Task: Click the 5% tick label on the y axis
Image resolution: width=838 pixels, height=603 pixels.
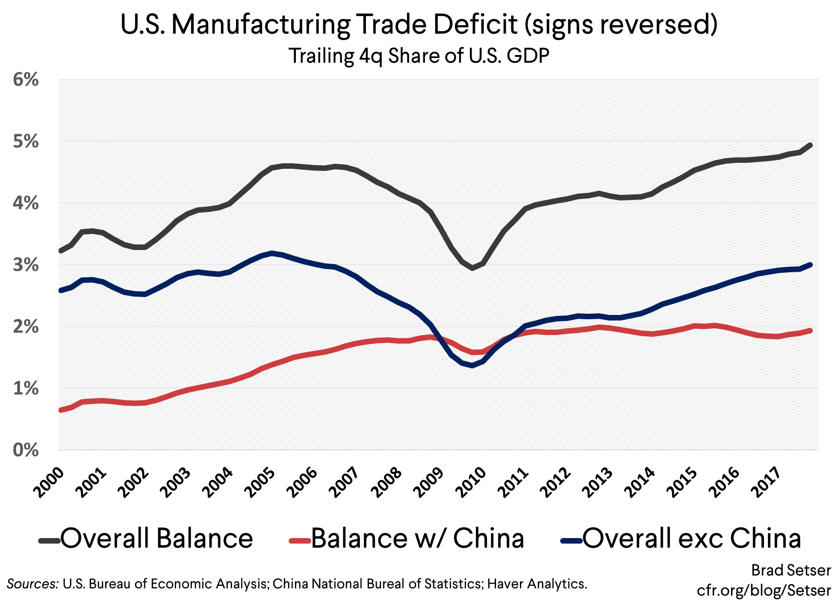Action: [x=26, y=141]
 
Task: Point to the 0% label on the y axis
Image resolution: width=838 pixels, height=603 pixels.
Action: [x=26, y=450]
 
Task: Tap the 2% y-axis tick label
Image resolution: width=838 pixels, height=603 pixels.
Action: [x=26, y=327]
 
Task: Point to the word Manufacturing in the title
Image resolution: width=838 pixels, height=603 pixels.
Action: [x=261, y=24]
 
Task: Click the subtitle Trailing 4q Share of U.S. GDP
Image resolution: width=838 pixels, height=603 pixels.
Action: [x=419, y=56]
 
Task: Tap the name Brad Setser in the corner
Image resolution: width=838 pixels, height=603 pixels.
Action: [x=791, y=571]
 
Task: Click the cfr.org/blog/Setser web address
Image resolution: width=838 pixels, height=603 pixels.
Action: [x=764, y=591]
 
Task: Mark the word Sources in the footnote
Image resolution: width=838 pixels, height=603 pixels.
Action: [x=32, y=584]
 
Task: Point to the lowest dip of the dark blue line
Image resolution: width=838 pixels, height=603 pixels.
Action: [x=472, y=365]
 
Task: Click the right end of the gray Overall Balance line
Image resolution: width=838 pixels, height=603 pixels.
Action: [x=810, y=145]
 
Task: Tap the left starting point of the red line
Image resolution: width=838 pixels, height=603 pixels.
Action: [x=61, y=410]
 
